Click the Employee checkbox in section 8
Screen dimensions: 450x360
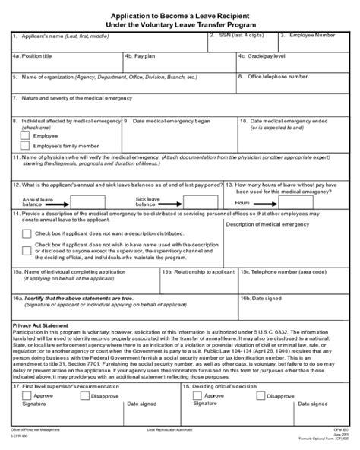[x=25, y=135]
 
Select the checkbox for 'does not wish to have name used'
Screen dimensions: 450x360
[x=27, y=249]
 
